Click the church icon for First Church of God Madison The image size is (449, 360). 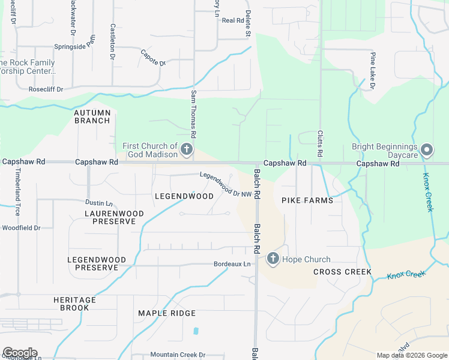[187, 149]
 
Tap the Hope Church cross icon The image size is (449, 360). [273, 259]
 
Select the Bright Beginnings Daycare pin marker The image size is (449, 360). [427, 149]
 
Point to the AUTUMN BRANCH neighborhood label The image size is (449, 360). [92, 116]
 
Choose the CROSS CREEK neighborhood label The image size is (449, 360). [343, 272]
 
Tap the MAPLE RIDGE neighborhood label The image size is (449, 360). [167, 313]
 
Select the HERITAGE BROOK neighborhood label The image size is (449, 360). [74, 304]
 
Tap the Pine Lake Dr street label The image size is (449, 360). [372, 71]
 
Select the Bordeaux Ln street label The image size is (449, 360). [232, 264]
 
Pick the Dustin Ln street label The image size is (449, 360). [99, 203]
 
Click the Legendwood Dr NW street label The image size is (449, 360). [226, 185]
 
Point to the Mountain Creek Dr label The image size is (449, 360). [178, 355]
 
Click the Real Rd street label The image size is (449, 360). [232, 20]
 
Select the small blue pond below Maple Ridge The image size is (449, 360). [196, 331]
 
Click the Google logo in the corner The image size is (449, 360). [20, 353]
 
